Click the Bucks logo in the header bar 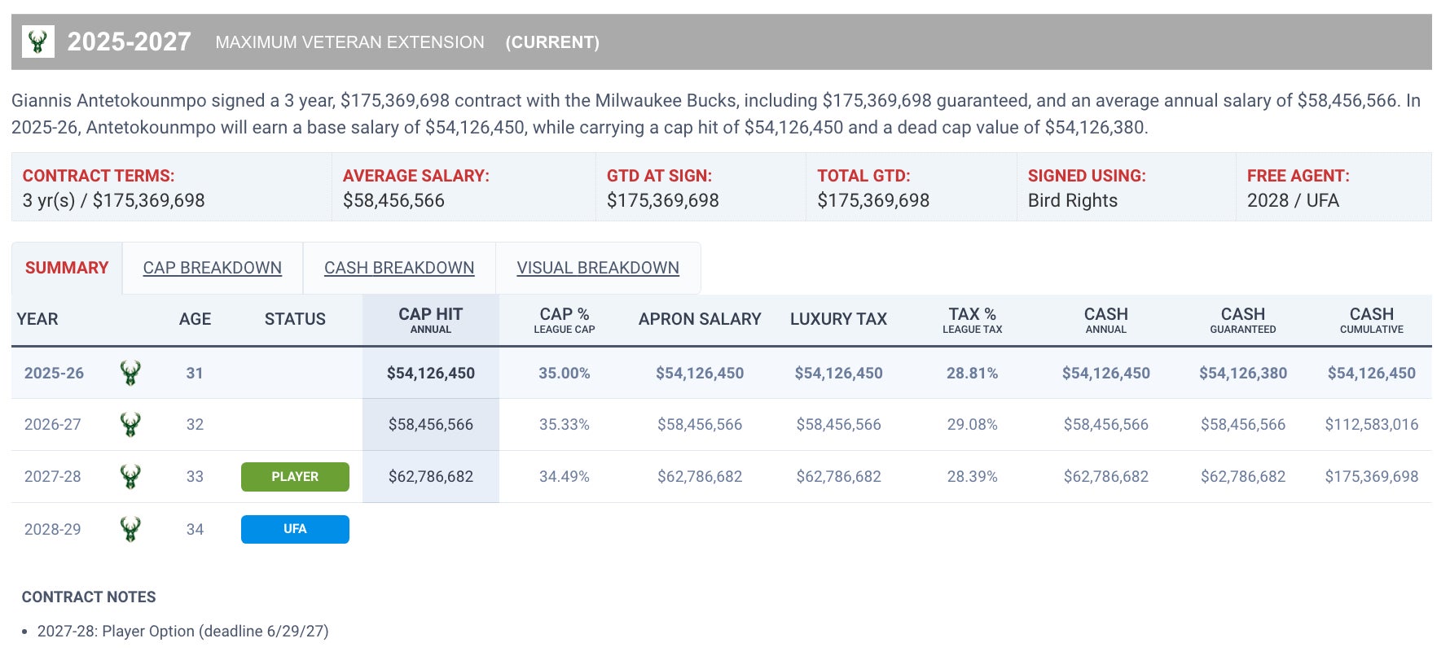click(x=37, y=42)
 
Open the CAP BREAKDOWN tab click(x=212, y=268)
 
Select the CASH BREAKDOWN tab click(x=399, y=268)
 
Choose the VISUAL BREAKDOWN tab click(x=597, y=268)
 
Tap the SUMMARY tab click(x=67, y=268)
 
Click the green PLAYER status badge click(x=295, y=477)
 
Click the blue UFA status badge click(x=295, y=529)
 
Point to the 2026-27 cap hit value click(x=430, y=424)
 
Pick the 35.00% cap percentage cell click(x=564, y=373)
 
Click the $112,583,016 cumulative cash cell click(x=1371, y=424)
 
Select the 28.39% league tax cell click(x=972, y=476)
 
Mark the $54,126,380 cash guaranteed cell click(x=1242, y=373)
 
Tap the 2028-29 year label click(x=53, y=529)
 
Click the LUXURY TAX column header click(x=838, y=319)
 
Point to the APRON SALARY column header click(x=700, y=319)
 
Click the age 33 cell click(x=195, y=476)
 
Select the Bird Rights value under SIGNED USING click(x=1072, y=200)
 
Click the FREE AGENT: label click(x=1298, y=176)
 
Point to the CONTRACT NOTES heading click(x=89, y=597)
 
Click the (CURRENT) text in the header click(x=551, y=42)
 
